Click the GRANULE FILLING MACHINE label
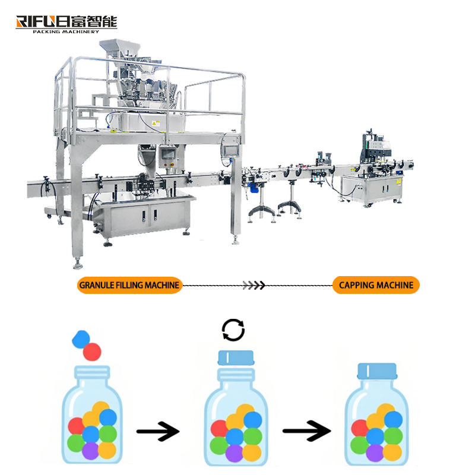point(129,285)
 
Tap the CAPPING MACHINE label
point(376,285)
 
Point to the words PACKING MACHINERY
point(65,31)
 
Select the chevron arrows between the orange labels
point(256,285)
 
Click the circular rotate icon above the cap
point(233,330)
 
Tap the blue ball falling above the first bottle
point(80,339)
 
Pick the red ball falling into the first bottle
point(92,351)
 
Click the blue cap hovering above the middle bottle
point(236,357)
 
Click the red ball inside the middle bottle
point(220,428)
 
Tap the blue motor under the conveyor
point(254,187)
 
